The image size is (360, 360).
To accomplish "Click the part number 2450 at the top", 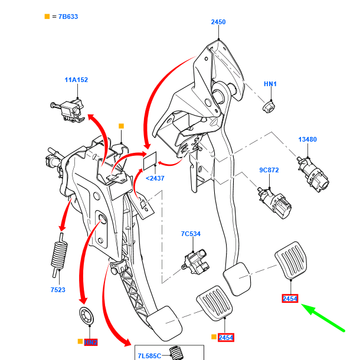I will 218,22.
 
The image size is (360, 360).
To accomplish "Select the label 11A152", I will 76,80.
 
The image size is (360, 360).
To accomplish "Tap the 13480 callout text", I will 307,140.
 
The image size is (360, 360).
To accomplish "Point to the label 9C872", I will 269,171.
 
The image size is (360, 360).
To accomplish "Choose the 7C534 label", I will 191,234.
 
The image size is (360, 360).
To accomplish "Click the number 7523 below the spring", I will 57,290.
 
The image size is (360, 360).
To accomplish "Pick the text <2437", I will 155,177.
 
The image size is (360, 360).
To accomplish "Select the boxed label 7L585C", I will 149,356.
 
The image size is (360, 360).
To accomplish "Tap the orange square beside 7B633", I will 47,16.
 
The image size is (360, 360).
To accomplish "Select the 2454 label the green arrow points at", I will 290,299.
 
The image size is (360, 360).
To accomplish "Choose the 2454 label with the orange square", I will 226,338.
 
